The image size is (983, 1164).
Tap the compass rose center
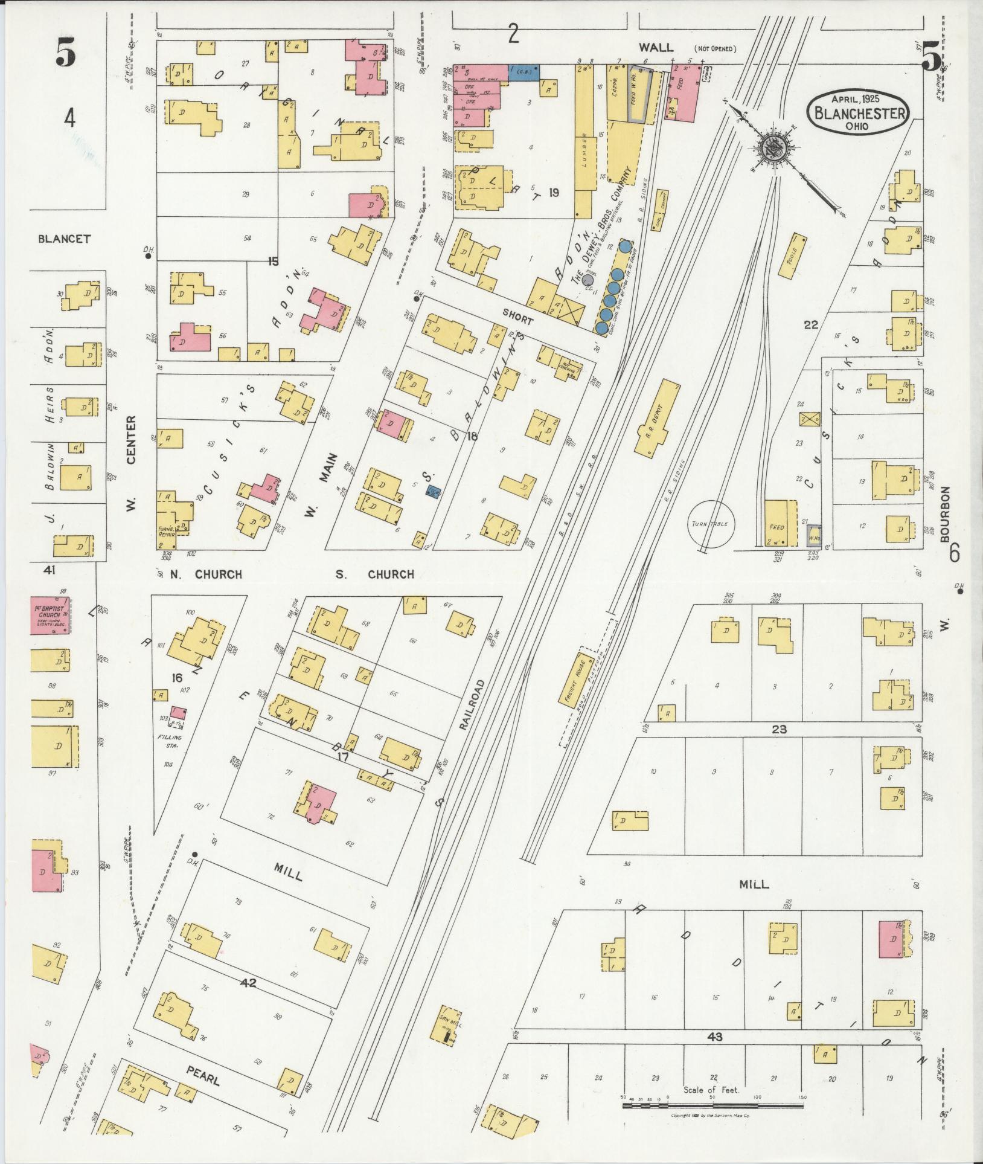point(771,147)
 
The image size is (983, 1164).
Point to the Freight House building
point(577,680)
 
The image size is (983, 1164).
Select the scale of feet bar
point(712,1105)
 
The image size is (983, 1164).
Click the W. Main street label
point(319,486)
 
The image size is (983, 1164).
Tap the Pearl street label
point(202,1075)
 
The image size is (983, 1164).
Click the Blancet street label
point(64,239)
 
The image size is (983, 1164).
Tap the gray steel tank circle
point(589,281)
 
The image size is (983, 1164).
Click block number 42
point(248,983)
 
